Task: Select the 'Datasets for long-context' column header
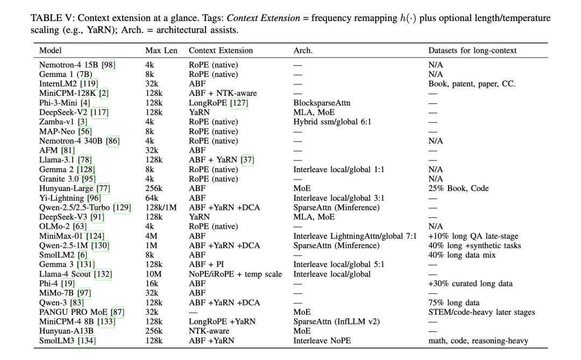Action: coord(472,51)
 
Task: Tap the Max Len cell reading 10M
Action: coord(155,274)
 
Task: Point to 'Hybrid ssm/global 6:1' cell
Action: coord(332,122)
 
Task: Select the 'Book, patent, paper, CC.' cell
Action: coord(472,84)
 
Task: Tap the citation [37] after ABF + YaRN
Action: coord(247,160)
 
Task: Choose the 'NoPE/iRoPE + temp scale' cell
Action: coord(235,274)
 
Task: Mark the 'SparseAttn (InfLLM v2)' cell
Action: coord(336,321)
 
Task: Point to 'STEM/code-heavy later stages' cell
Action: coord(481,312)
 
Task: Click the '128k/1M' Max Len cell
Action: coord(161,207)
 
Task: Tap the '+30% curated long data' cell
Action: coord(470,284)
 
